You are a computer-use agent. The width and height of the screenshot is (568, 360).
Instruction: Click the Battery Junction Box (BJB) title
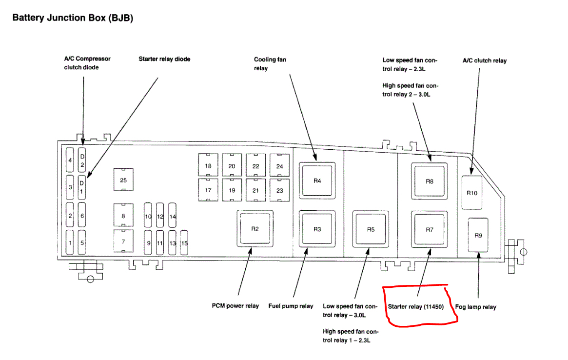tap(73, 18)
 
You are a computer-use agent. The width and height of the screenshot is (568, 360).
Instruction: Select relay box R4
tap(317, 180)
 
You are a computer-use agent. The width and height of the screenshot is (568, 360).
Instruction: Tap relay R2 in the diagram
tap(255, 229)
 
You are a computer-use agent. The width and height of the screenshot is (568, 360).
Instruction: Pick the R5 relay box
tap(371, 229)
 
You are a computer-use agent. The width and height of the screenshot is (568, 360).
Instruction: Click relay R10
tap(471, 192)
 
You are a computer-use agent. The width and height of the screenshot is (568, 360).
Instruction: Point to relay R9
tap(478, 235)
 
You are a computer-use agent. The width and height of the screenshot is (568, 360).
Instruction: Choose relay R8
tap(429, 181)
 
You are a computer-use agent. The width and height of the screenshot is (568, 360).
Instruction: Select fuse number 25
tap(123, 180)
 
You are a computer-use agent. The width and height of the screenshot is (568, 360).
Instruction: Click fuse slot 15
tap(184, 243)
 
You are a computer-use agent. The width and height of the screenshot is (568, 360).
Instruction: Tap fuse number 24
tap(279, 166)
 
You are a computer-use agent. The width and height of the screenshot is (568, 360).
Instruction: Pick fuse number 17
tap(208, 190)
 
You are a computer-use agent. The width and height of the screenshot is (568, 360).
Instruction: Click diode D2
tap(82, 160)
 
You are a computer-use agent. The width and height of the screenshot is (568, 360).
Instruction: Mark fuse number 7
tap(123, 241)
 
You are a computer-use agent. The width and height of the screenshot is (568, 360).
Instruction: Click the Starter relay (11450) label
tap(414, 307)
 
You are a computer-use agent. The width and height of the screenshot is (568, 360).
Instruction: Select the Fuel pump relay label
tap(291, 306)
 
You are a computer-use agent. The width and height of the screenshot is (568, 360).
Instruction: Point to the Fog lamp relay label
tap(475, 307)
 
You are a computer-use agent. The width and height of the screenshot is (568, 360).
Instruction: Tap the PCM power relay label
tap(235, 306)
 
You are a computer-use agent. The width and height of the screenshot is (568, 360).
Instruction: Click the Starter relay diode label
tap(164, 59)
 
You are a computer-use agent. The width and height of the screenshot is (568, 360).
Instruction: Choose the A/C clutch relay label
tap(484, 60)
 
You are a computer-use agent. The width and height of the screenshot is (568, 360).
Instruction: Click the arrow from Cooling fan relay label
tap(303, 117)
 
